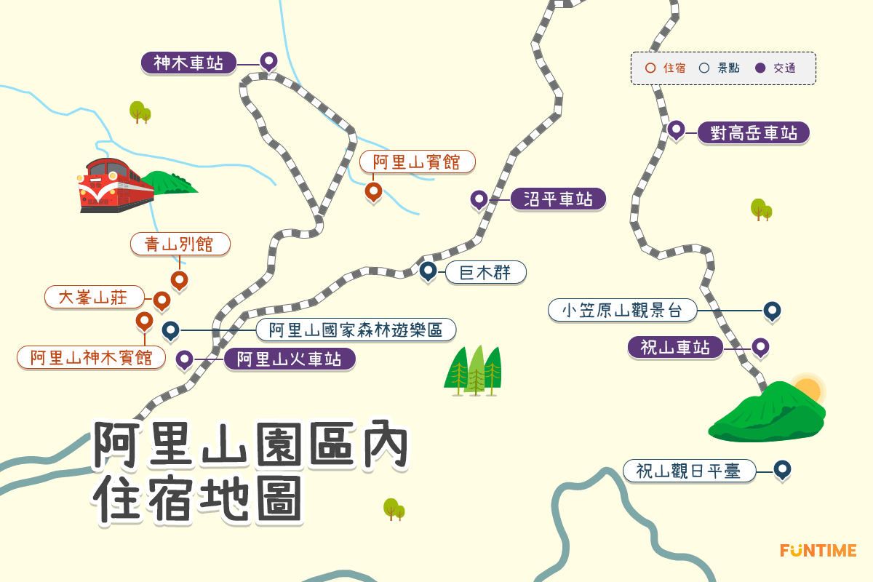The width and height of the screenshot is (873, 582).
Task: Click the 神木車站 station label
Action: click(188, 63)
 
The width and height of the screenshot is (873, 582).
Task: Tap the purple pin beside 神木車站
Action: click(268, 61)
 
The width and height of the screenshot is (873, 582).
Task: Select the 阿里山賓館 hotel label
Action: click(417, 162)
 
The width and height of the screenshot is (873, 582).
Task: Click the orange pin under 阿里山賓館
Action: click(373, 191)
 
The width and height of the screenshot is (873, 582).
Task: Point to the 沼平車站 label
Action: click(558, 199)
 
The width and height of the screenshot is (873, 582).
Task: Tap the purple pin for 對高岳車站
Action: click(677, 129)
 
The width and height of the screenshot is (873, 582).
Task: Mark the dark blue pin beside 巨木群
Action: click(428, 271)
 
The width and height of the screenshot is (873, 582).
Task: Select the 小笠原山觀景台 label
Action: click(622, 311)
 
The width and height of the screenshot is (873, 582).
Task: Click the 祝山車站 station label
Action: click(675, 348)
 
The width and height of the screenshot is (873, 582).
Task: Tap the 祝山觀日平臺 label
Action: click(688, 471)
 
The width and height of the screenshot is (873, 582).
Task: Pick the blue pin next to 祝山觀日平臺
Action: click(782, 469)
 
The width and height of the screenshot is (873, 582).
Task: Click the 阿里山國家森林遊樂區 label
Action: click(356, 330)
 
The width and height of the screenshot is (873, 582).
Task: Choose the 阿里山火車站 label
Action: click(289, 359)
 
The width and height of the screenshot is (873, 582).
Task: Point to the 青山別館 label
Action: click(180, 244)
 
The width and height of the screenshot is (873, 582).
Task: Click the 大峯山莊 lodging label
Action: click(94, 297)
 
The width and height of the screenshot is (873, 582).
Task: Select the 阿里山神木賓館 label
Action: click(91, 358)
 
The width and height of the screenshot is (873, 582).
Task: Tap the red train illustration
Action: click(116, 185)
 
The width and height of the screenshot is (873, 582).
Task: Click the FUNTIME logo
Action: click(818, 551)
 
